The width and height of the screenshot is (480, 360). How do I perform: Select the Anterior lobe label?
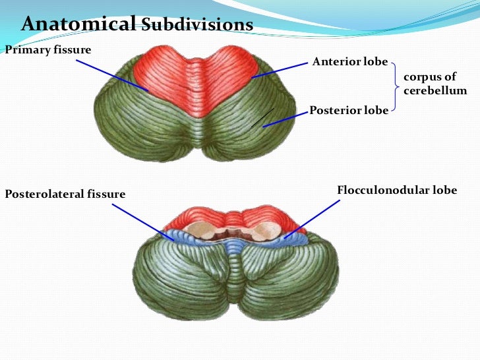(350, 62)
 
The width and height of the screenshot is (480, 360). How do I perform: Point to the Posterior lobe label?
(349, 110)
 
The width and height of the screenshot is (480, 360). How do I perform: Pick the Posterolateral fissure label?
(65, 194)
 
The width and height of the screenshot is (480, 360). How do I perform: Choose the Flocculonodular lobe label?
(397, 191)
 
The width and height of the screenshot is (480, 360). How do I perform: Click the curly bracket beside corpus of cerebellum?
(396, 85)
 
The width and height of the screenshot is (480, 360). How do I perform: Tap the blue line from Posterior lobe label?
(286, 118)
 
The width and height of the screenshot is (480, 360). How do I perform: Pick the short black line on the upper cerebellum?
(262, 117)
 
